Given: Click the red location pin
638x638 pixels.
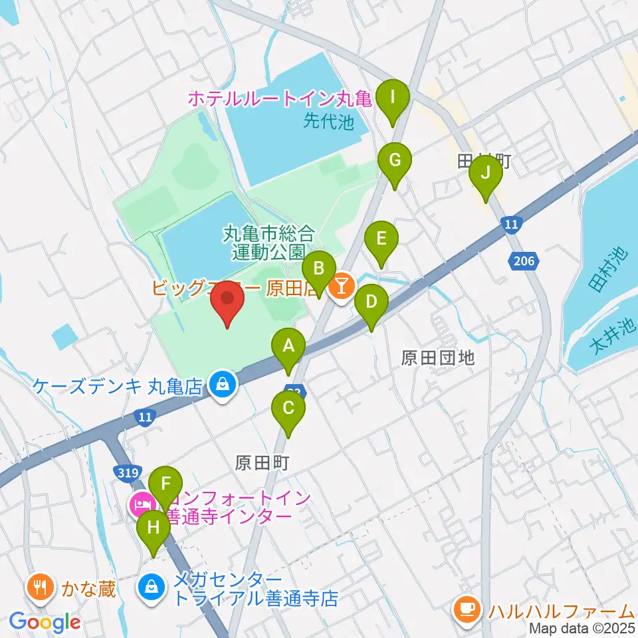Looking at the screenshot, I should (227, 302).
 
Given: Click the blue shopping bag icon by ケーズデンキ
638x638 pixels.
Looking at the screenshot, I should (221, 383).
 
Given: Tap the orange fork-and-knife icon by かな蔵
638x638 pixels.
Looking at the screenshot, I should (41, 587).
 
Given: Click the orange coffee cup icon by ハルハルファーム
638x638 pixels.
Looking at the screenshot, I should (466, 607).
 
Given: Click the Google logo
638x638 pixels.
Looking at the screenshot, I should (45, 622).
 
